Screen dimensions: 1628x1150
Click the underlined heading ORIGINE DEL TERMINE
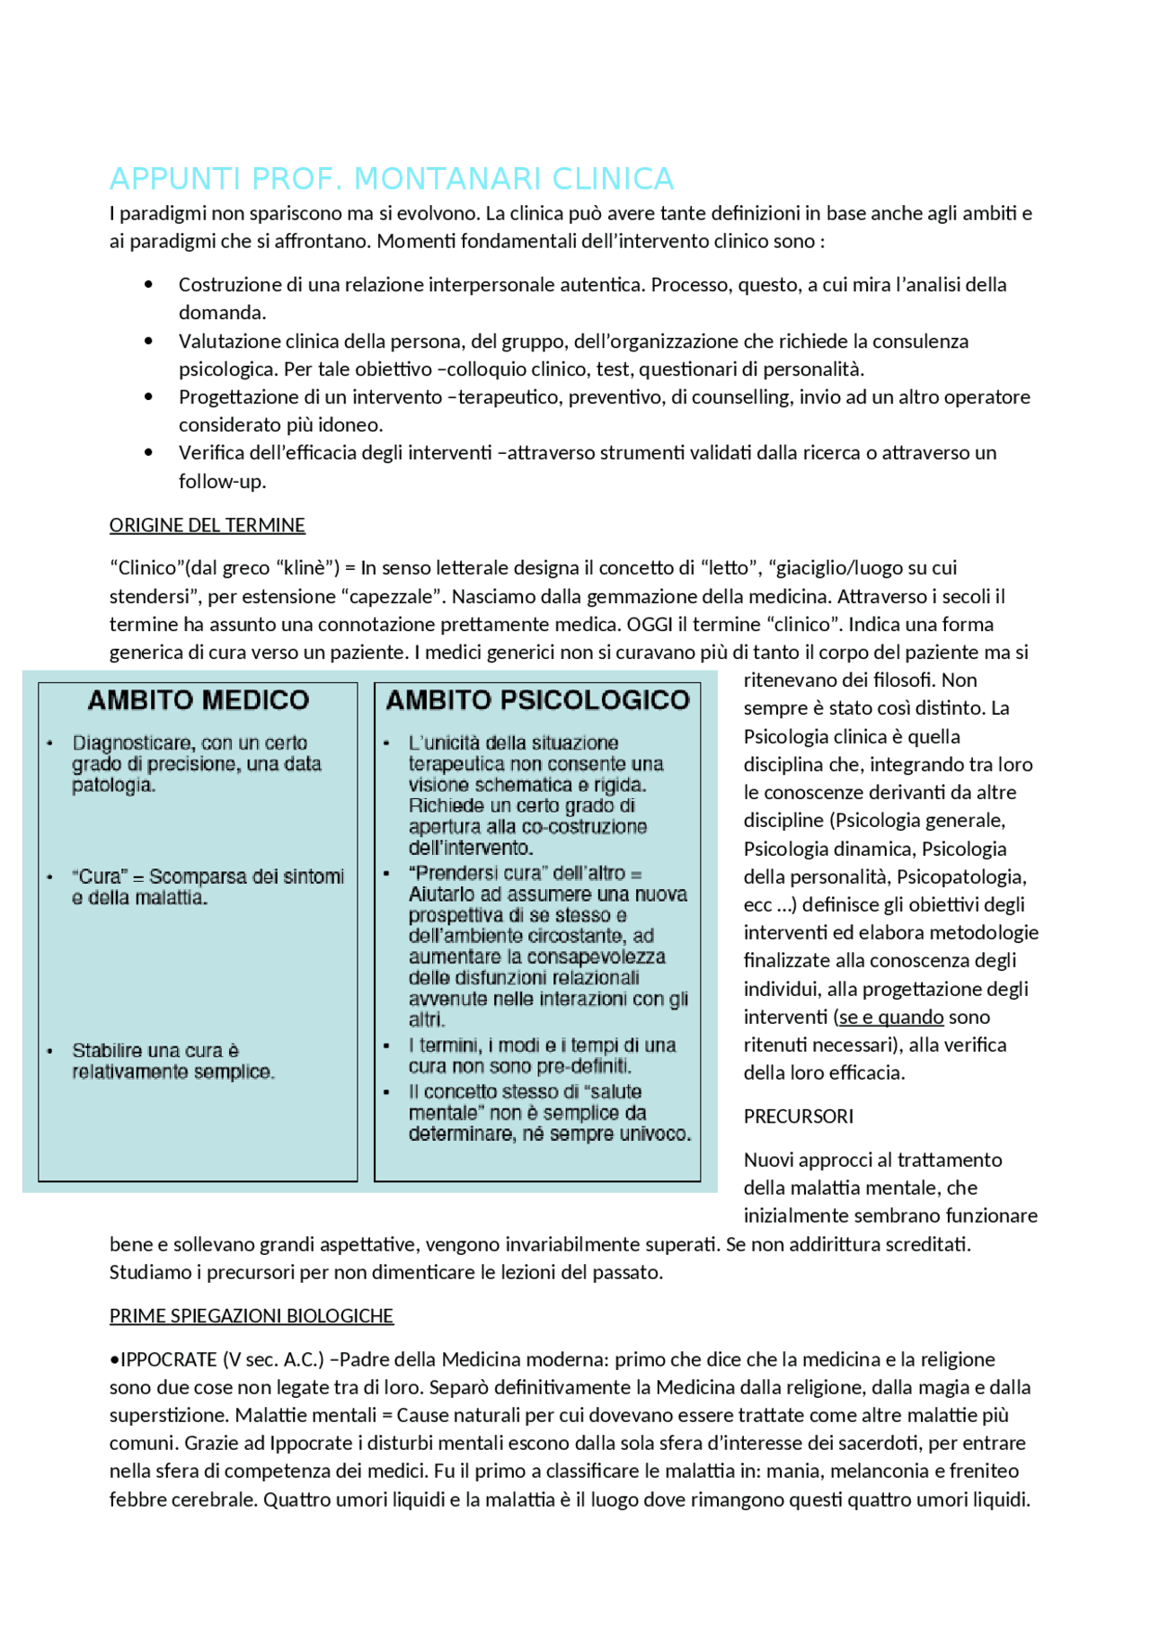click(x=207, y=525)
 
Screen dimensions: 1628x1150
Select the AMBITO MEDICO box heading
click(x=198, y=700)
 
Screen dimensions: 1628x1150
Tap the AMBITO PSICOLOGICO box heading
click(x=537, y=700)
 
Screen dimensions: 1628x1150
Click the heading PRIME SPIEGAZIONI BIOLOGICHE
click(x=251, y=1316)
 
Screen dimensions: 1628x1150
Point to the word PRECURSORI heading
click(x=798, y=1116)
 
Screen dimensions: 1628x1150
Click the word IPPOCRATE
click(x=168, y=1359)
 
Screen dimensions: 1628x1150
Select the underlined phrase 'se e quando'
click(x=890, y=1017)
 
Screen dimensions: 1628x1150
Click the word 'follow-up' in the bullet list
click(x=221, y=481)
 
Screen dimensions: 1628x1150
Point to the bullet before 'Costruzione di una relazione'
click(x=148, y=285)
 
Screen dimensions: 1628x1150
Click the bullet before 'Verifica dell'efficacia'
click(x=148, y=453)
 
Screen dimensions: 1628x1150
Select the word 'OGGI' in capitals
click(x=649, y=624)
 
